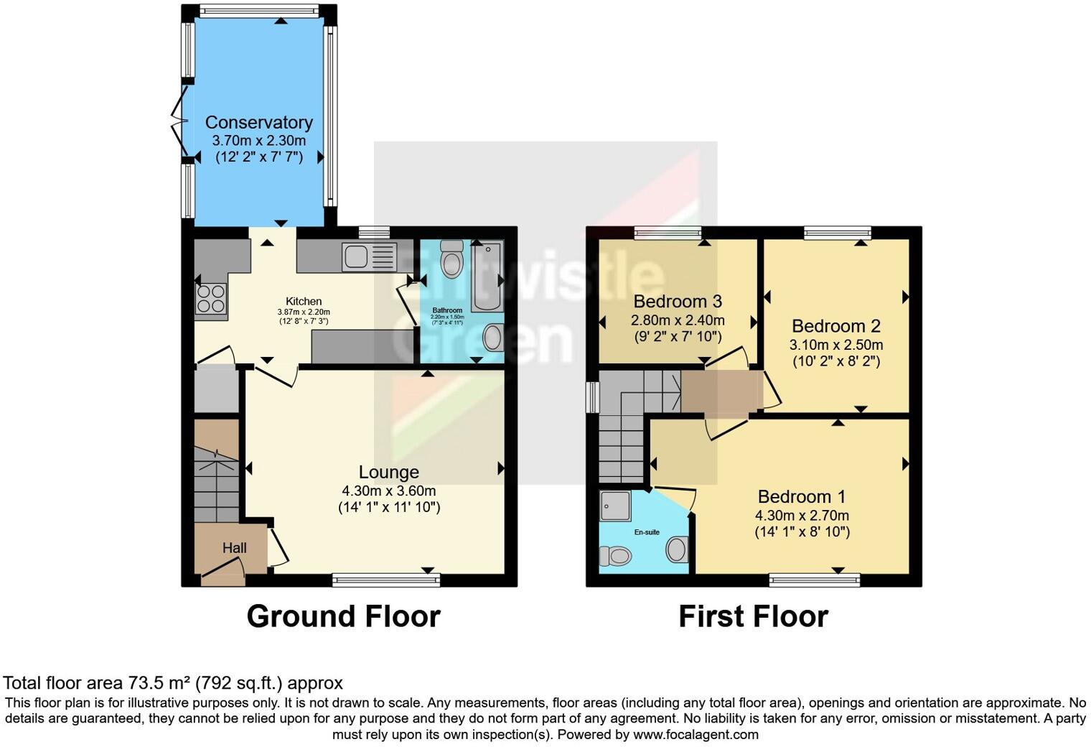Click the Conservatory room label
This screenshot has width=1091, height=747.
point(258,122)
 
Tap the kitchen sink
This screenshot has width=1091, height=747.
point(369,257)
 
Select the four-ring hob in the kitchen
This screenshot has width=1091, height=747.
point(211,299)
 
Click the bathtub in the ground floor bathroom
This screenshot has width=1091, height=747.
point(488,277)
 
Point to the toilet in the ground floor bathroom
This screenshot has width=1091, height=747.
point(451,259)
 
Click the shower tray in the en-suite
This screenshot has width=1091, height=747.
point(615,505)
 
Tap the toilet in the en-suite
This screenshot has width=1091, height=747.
point(615,555)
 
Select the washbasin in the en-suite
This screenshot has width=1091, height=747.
point(677,550)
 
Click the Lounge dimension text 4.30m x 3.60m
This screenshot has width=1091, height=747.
point(388,491)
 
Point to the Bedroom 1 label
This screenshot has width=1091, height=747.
point(801,496)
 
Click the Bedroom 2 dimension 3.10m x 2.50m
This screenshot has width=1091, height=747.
point(836,344)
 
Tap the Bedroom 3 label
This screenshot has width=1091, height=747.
point(677,301)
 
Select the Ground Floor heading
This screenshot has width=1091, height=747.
point(343,616)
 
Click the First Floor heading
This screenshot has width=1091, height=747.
point(753,616)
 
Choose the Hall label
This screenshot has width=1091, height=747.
point(234,548)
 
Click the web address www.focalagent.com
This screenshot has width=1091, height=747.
point(696,734)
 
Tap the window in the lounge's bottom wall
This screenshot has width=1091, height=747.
point(385,580)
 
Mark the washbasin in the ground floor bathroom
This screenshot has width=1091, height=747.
point(493,337)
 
